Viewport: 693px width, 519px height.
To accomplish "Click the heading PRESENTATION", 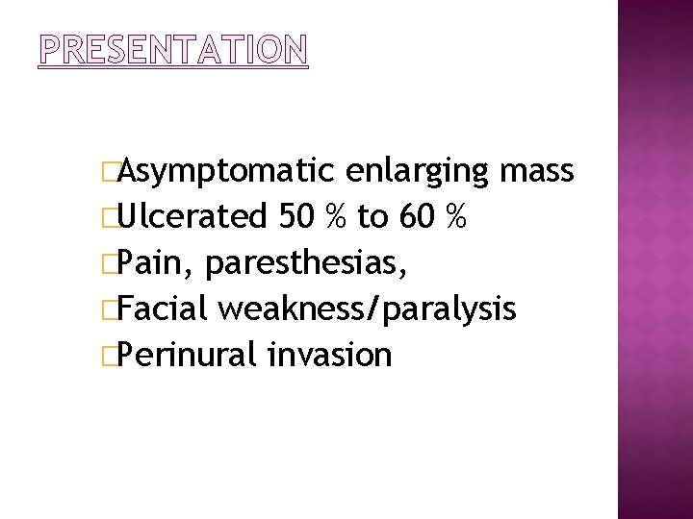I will pyautogui.click(x=173, y=49).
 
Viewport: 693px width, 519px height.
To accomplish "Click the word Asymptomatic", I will pyautogui.click(x=228, y=172).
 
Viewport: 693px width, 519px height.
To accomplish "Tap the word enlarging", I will pyautogui.click(x=417, y=172).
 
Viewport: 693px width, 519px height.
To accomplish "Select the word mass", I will pyautogui.click(x=537, y=172).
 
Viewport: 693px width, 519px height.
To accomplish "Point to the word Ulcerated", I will pyautogui.click(x=192, y=217).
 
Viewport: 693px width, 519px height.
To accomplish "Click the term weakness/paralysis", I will pyautogui.click(x=368, y=309).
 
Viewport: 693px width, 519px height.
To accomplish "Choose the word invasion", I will pyautogui.click(x=330, y=355).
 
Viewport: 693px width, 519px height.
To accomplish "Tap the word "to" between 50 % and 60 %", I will pyautogui.click(x=372, y=218).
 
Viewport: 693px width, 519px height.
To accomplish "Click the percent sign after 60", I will pyautogui.click(x=458, y=217).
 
